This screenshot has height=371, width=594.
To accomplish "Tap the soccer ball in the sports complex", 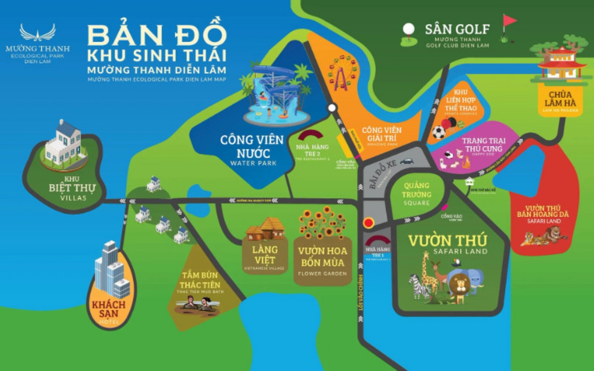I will click(439, 133).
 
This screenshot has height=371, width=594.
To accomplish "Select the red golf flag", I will click(509, 21).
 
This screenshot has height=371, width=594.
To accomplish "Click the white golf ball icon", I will click(408, 29).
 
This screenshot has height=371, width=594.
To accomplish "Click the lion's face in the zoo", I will click(459, 283).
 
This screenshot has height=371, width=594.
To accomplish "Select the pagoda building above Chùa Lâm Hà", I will click(561, 65).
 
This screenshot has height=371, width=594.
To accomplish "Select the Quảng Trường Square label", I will click(417, 194).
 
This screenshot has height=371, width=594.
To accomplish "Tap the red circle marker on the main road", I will click(369, 223).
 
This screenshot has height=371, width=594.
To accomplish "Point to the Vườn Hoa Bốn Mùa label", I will click(322, 256).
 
